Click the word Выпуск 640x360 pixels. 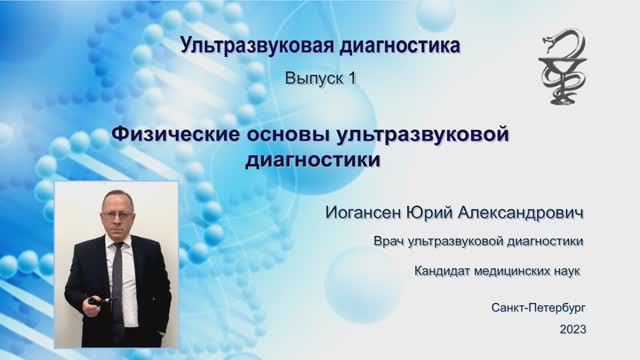(313, 77)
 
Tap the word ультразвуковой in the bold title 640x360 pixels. (425, 134)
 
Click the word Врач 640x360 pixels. (391, 241)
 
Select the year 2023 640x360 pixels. (573, 329)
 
